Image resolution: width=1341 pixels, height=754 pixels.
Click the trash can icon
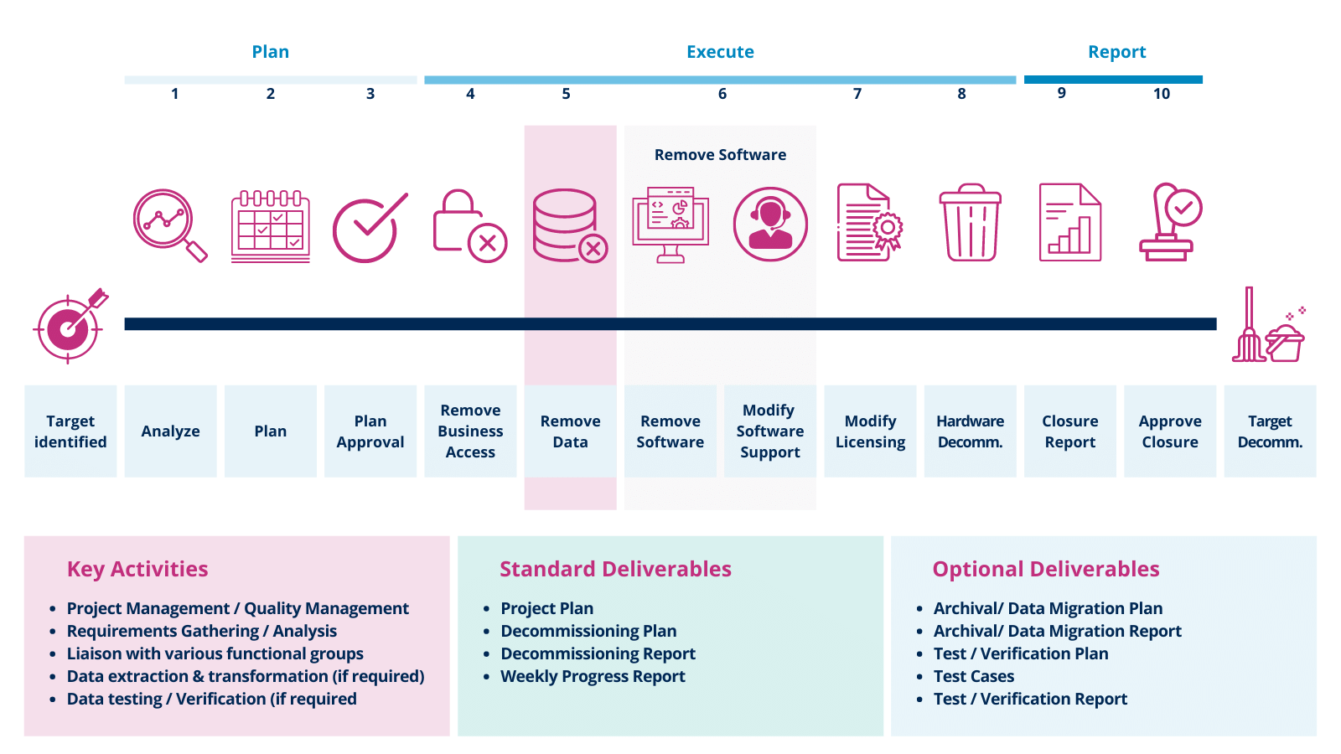(970, 223)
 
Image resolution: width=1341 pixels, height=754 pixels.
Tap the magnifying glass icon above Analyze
(168, 224)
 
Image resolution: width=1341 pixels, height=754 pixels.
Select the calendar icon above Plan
(270, 226)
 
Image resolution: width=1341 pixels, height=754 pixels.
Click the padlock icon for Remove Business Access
(468, 225)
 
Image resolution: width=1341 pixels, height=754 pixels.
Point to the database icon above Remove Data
(569, 225)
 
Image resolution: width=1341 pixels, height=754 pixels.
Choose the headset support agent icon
(770, 224)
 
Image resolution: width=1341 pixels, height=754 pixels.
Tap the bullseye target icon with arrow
(70, 327)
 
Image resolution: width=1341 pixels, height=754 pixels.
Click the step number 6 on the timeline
(722, 94)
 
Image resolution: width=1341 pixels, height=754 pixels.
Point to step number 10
(1161, 94)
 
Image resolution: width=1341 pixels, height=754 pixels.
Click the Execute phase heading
(720, 52)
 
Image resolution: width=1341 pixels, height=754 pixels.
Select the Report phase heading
(1116, 52)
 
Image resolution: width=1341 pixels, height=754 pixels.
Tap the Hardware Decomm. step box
(970, 431)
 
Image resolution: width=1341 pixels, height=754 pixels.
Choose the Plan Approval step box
(370, 431)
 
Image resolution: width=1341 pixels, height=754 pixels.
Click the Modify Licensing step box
(870, 431)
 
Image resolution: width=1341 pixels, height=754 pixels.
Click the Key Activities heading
(137, 569)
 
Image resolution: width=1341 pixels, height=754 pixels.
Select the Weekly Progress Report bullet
(593, 676)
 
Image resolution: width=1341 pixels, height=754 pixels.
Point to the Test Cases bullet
(974, 676)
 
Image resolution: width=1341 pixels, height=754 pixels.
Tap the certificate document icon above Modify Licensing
(869, 223)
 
